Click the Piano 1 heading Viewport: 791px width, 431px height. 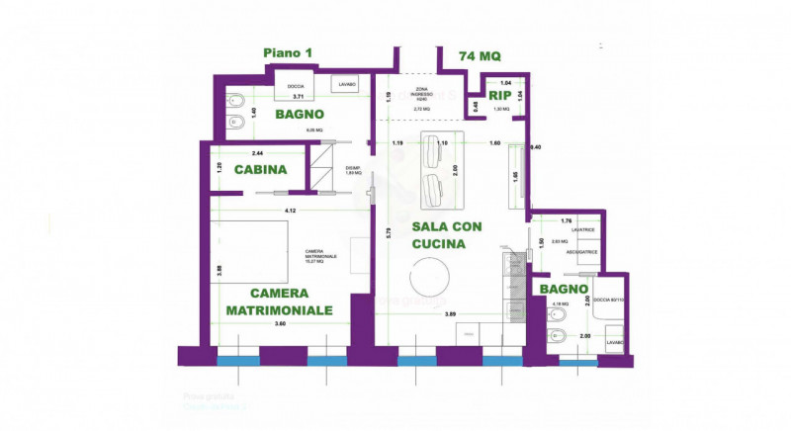point(289,53)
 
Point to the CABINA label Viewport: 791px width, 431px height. point(260,169)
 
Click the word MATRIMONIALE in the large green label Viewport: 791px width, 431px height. point(279,310)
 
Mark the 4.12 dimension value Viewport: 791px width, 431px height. point(290,211)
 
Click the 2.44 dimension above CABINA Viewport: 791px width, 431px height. point(257,153)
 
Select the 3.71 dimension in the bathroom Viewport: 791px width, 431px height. point(295,97)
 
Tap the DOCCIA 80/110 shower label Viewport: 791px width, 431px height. point(606,299)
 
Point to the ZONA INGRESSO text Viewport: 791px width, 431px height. point(422,92)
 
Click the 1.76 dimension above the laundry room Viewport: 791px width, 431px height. point(567,220)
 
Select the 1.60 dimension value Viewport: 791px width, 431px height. point(494,143)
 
